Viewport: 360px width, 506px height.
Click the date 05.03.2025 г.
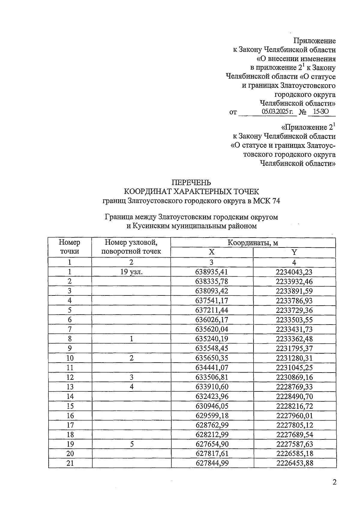click(277, 112)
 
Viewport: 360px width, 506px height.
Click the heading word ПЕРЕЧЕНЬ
click(191, 182)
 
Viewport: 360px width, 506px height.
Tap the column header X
click(211, 252)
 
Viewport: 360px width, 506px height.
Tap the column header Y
click(294, 252)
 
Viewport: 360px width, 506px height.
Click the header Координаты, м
click(253, 243)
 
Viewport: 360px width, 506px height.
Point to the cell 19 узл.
click(131, 272)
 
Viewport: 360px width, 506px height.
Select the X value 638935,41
click(212, 272)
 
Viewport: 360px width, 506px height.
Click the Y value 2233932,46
click(294, 281)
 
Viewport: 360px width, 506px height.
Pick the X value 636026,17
click(212, 320)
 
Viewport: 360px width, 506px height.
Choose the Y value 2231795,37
click(294, 349)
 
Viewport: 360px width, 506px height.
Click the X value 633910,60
click(212, 387)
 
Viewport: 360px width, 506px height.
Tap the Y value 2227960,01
click(294, 416)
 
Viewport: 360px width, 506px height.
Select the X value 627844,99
click(212, 463)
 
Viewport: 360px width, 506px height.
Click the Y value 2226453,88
click(295, 463)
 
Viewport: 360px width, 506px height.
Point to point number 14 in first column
click(70, 397)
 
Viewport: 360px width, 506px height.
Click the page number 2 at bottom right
click(334, 482)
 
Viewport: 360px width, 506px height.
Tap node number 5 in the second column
click(131, 444)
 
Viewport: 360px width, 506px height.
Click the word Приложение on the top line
click(314, 41)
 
